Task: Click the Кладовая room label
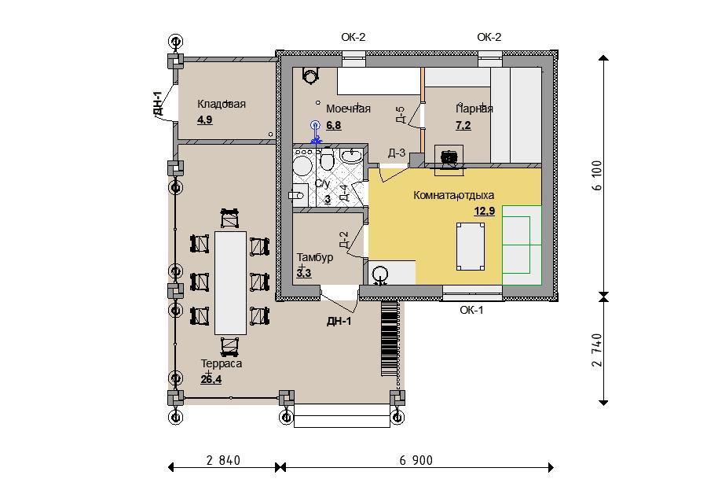(x=222, y=104)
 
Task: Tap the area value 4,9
(x=205, y=120)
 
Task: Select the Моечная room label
(x=348, y=109)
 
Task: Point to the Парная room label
(x=474, y=109)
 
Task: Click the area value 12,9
(x=484, y=211)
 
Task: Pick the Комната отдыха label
(x=453, y=195)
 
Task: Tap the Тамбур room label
(x=315, y=257)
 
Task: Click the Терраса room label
(x=222, y=363)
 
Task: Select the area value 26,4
(x=211, y=379)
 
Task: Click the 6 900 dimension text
(x=416, y=460)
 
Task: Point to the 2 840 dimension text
(x=223, y=460)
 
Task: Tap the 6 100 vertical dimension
(x=598, y=175)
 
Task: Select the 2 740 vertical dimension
(x=598, y=350)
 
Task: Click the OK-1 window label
(x=471, y=310)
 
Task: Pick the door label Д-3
(x=397, y=153)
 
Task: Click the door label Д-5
(x=401, y=115)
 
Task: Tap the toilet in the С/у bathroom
(x=327, y=160)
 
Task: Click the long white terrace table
(x=230, y=283)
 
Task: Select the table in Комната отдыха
(x=471, y=246)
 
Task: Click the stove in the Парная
(x=449, y=158)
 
